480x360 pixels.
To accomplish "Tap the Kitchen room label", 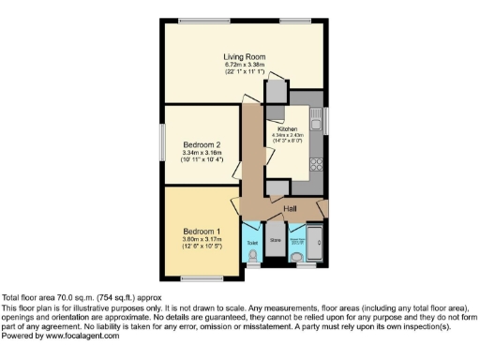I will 287,128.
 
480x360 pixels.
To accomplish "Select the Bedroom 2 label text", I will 202,144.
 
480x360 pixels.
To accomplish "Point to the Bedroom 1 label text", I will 202,231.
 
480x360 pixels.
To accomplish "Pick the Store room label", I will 276,241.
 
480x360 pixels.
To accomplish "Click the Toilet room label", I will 251,241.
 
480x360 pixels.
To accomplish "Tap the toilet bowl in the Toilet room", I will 251,254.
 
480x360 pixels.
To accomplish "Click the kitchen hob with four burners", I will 316,165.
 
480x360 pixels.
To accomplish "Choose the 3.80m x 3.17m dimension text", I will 202,238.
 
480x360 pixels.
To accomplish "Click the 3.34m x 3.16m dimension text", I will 202,152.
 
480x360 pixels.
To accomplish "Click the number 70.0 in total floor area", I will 52,298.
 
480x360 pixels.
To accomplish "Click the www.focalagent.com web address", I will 82,336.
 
